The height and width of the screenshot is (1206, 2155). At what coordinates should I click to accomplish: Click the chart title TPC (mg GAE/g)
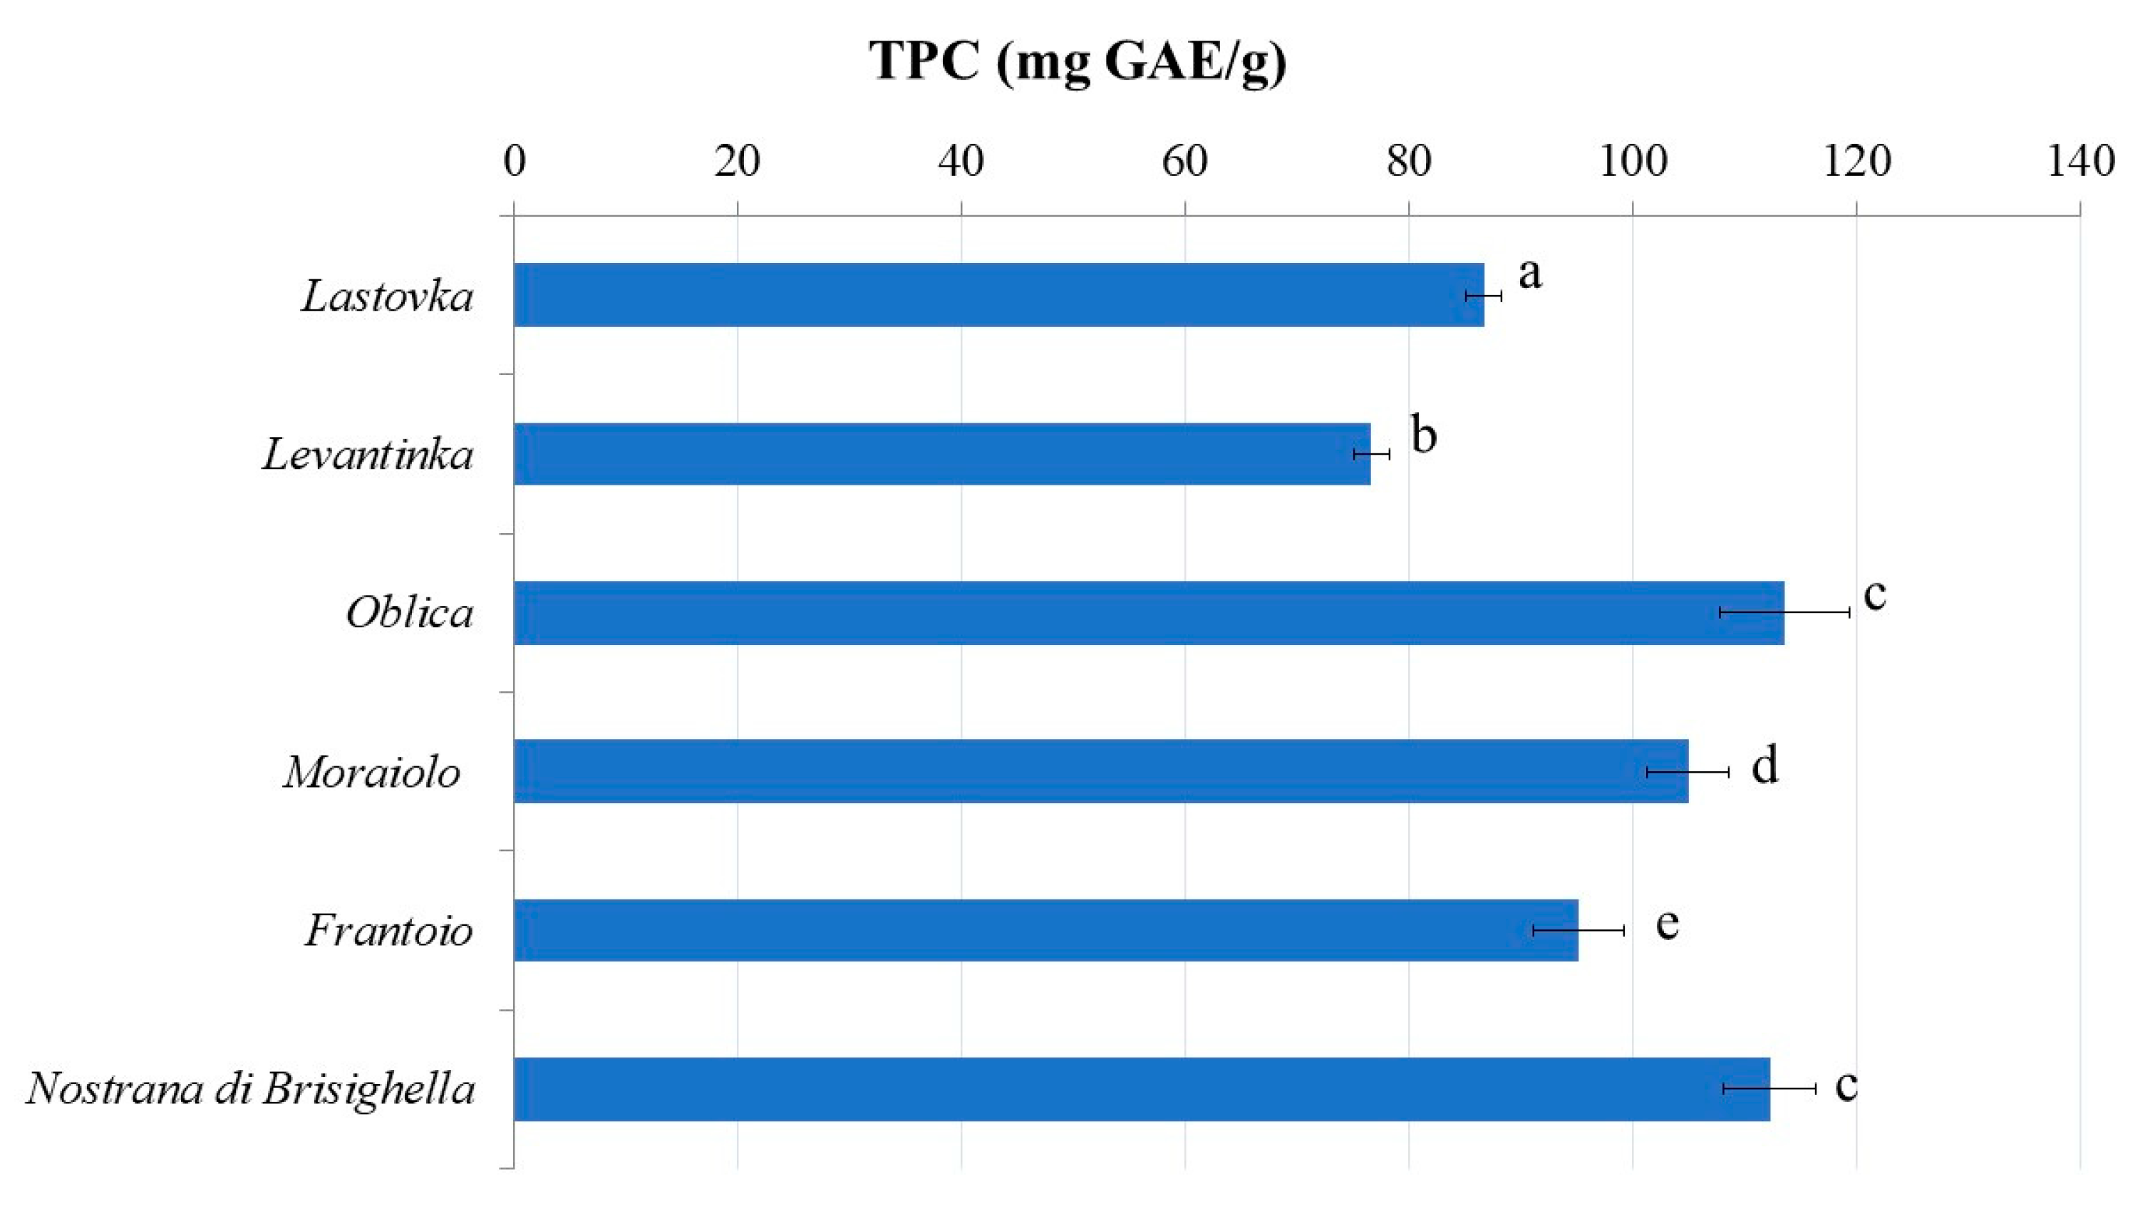tap(1077, 61)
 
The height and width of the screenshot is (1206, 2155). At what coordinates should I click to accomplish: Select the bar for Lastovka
tap(999, 294)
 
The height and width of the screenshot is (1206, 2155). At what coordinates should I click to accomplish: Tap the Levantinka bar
tap(942, 453)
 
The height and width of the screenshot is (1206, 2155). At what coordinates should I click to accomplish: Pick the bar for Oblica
tap(1149, 613)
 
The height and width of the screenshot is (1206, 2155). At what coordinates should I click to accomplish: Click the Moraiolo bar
tap(1101, 770)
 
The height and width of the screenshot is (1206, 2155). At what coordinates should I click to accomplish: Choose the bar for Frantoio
tap(1045, 930)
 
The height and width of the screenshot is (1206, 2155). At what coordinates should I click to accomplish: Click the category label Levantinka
tap(368, 455)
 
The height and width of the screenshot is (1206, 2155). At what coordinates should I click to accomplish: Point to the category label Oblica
tap(409, 614)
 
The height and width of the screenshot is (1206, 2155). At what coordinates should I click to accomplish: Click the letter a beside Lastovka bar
tap(1530, 274)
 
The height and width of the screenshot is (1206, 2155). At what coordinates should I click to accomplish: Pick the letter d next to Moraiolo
tap(1764, 765)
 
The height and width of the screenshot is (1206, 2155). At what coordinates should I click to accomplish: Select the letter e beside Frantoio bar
tap(1668, 924)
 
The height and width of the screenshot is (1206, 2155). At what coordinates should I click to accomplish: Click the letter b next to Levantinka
tap(1424, 433)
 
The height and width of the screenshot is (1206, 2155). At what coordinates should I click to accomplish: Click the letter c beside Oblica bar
tap(1876, 595)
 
